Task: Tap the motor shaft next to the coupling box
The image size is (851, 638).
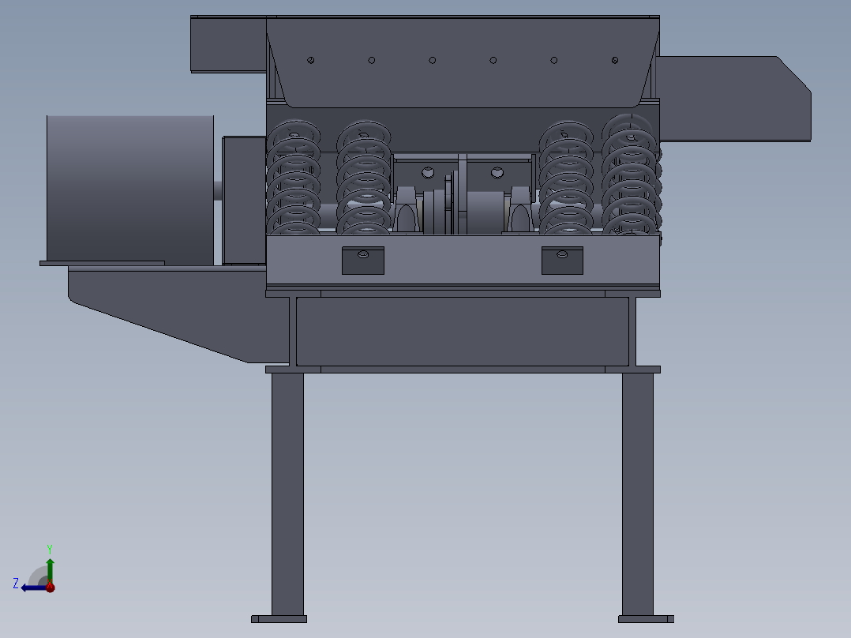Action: click(218, 191)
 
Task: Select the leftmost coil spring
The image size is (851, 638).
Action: click(294, 178)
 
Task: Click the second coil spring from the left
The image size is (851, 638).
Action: click(364, 178)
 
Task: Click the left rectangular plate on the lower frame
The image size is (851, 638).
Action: click(363, 261)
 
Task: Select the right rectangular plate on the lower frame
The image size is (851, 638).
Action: click(562, 261)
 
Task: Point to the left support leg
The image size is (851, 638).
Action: click(287, 494)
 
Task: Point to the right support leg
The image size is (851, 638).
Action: click(637, 494)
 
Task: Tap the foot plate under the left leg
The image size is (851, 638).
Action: click(279, 619)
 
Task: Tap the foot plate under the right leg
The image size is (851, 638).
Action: click(646, 619)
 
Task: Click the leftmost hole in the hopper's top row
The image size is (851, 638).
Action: click(311, 60)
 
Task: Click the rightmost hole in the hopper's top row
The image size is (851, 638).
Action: click(615, 60)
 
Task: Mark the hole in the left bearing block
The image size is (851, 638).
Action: click(428, 171)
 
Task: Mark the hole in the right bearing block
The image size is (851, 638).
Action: click(497, 171)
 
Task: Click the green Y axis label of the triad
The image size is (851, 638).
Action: click(49, 548)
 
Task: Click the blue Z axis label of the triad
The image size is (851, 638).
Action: click(16, 584)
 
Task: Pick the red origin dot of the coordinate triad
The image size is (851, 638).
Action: click(50, 587)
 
